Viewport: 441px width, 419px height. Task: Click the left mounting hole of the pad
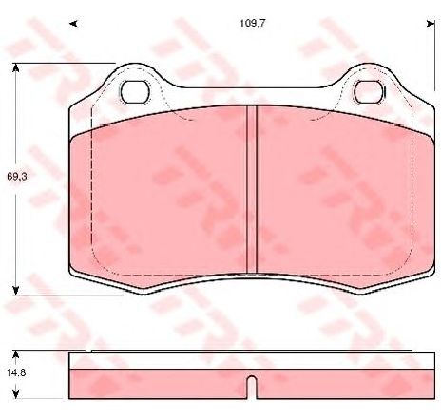[137, 91]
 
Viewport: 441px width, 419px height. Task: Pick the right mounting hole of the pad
[368, 91]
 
